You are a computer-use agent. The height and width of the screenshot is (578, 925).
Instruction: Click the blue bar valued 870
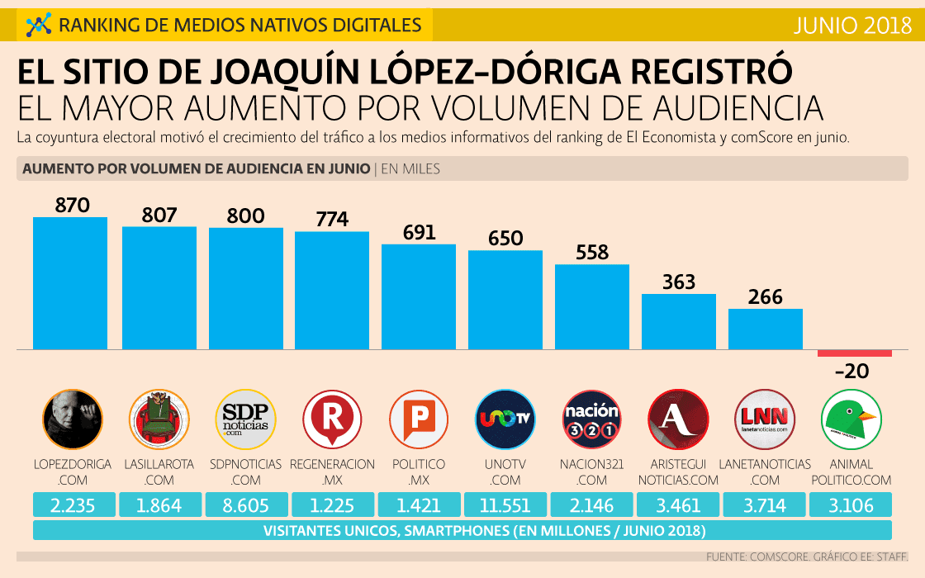point(70,282)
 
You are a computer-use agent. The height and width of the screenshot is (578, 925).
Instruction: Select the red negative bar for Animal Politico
point(855,353)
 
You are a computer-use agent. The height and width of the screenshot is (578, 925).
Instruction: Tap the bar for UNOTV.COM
point(505,299)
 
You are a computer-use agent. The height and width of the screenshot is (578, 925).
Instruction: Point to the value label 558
point(592,253)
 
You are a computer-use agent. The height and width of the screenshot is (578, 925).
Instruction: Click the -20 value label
point(851,372)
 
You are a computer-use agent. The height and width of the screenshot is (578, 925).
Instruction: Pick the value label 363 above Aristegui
point(679,282)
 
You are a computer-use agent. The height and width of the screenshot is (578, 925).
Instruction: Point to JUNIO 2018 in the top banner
point(851,25)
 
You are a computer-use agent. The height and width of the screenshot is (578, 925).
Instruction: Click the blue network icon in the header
point(38,26)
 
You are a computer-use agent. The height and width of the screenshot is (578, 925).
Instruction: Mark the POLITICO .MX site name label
point(419,471)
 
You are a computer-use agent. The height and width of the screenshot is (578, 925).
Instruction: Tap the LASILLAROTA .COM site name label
point(159,471)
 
